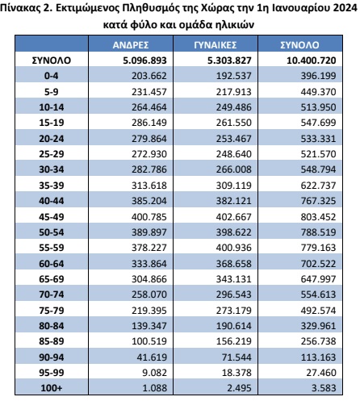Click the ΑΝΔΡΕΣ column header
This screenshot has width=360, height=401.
click(131, 45)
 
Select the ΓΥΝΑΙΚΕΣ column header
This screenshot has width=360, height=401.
click(216, 45)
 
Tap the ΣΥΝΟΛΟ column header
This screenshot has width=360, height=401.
click(299, 45)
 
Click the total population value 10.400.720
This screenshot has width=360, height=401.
click(312, 61)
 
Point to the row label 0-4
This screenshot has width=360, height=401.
click(52, 76)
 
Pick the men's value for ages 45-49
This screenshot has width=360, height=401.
click(149, 217)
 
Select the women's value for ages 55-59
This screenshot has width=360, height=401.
click(233, 248)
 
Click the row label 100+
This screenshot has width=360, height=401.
click(52, 388)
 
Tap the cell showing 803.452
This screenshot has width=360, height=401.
click(318, 217)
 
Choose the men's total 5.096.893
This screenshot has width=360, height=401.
click(144, 61)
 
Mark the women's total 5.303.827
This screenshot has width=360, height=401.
click(229, 61)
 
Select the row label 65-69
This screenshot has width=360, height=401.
click(52, 279)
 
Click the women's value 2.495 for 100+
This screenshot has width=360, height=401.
click(239, 388)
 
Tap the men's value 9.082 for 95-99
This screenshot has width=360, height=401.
click(155, 373)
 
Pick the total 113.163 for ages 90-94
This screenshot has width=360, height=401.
click(318, 357)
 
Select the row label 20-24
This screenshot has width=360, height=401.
click(52, 139)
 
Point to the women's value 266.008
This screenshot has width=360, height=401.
click(233, 169)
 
